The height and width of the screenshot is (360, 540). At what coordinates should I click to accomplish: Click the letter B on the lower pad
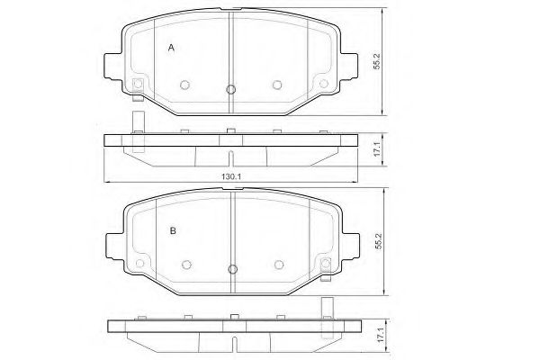(x=172, y=232)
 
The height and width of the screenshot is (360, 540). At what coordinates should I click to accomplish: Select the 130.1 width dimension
(x=229, y=177)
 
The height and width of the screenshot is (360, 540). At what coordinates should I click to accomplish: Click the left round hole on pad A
(x=185, y=85)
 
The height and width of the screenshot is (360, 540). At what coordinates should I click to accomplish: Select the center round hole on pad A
(x=231, y=88)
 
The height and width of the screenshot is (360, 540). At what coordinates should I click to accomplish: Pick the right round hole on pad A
(x=277, y=85)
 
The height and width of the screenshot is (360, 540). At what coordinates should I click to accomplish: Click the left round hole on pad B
(x=187, y=265)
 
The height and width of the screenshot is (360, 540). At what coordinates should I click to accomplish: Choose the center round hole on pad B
(x=232, y=268)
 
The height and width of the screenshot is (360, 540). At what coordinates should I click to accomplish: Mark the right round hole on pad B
(x=278, y=265)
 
